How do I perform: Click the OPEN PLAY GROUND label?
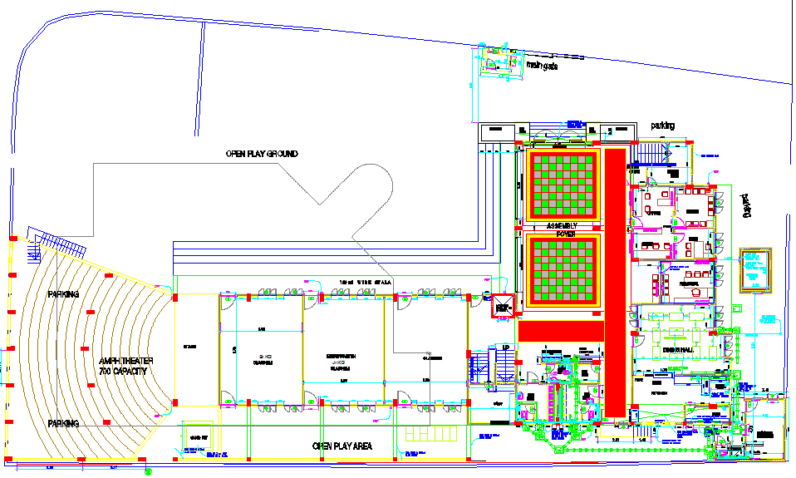(262, 155)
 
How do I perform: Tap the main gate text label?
(542, 66)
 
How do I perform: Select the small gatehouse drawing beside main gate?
(497, 62)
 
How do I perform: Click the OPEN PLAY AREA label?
(342, 446)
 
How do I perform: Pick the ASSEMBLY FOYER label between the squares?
(561, 229)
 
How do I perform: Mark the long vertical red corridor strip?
(615, 283)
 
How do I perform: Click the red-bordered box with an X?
(501, 307)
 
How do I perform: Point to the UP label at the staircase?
(506, 347)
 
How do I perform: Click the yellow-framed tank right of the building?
(755, 269)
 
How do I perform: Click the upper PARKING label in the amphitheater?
(63, 294)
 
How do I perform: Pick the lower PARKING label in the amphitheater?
(63, 424)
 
